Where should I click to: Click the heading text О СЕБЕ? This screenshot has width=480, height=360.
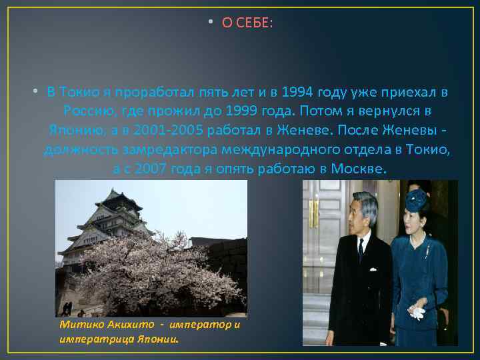(247, 23)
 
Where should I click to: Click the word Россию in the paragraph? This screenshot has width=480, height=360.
(86, 109)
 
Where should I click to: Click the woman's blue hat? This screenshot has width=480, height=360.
(417, 197)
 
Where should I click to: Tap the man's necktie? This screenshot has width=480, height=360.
(361, 249)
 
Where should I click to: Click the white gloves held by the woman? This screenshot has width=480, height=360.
(417, 310)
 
